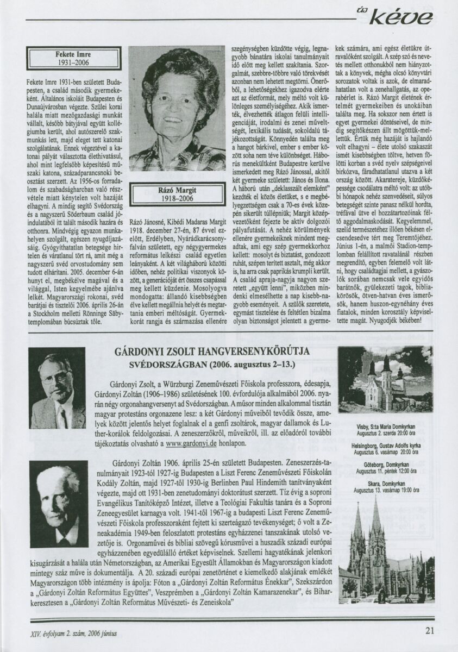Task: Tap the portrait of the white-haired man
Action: [58, 504]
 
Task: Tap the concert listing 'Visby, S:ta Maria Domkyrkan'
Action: [385, 427]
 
